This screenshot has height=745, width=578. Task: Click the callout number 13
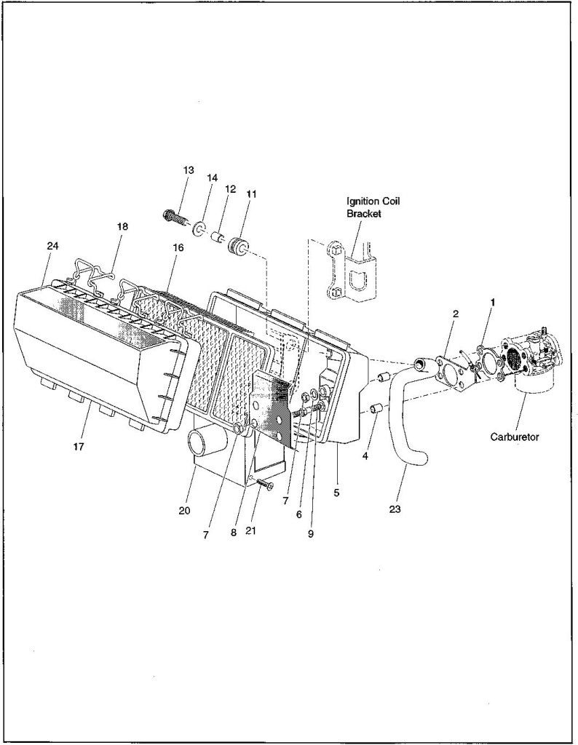pos(189,170)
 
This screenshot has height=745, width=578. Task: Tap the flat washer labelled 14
pos(199,230)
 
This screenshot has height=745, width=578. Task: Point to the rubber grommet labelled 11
pos(237,247)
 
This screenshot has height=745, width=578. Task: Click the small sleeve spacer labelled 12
pos(218,237)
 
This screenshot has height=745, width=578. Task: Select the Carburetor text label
pos(515,437)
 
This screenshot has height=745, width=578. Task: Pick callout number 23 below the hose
pos(395,509)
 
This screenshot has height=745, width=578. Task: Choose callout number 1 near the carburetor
pos(493,302)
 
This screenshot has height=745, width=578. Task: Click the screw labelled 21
pos(264,483)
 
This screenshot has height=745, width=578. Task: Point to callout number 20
pos(184,510)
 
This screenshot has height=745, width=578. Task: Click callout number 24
pos(52,246)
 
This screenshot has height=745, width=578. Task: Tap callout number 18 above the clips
pos(122,226)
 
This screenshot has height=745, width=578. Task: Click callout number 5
pos(336,493)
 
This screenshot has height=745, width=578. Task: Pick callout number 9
pos(310,533)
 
